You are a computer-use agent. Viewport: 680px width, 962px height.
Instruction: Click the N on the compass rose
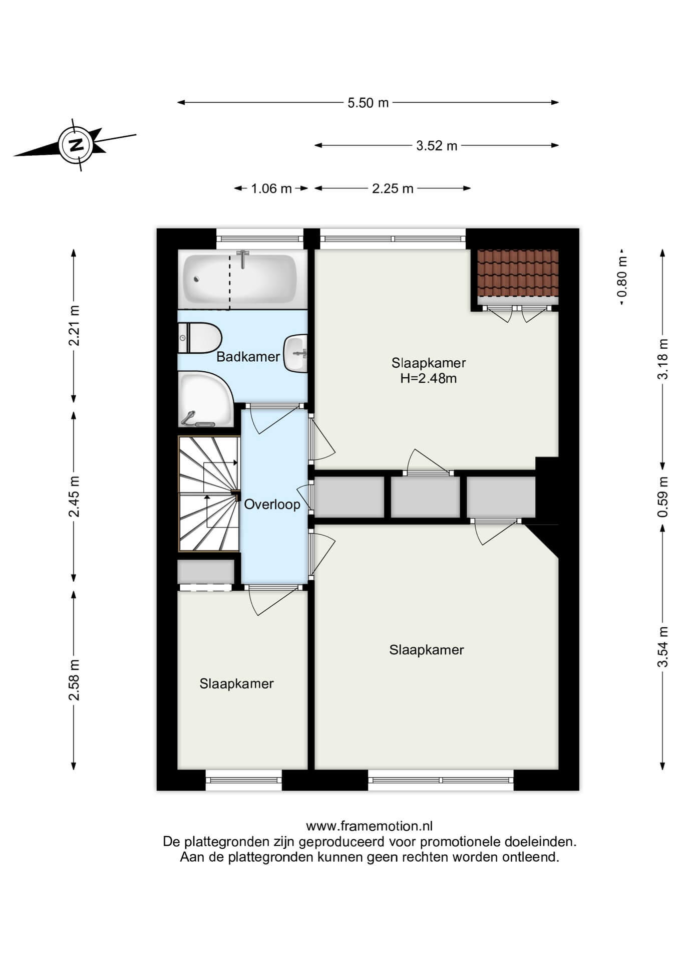pyautogui.click(x=76, y=145)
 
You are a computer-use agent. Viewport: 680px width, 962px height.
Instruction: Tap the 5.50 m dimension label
pyautogui.click(x=368, y=103)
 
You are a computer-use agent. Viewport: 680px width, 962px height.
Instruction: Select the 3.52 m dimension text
pyautogui.click(x=437, y=146)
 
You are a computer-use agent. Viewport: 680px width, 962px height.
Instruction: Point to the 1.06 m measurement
pyautogui.click(x=271, y=188)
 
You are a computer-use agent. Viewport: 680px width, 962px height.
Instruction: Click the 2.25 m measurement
pyautogui.click(x=393, y=188)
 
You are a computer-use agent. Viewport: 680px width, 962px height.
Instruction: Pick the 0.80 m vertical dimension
pyautogui.click(x=622, y=277)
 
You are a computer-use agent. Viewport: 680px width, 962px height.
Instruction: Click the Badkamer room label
pyautogui.click(x=248, y=357)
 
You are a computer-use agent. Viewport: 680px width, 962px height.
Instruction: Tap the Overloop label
pyautogui.click(x=272, y=505)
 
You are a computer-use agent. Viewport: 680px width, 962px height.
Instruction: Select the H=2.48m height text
pyautogui.click(x=429, y=378)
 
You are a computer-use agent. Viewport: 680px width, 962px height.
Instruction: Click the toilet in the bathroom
pyautogui.click(x=200, y=338)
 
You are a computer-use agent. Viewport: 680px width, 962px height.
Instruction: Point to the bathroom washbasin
pyautogui.click(x=295, y=353)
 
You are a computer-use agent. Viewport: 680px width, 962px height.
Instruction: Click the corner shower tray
pyautogui.click(x=206, y=399)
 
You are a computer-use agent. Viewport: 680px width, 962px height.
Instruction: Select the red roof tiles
pyautogui.click(x=517, y=273)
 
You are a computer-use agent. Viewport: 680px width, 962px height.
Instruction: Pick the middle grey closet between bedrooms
pyautogui.click(x=425, y=497)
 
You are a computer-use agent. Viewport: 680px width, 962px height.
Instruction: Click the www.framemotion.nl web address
pyautogui.click(x=369, y=826)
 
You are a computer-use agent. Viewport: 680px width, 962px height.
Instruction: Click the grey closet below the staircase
pyautogui.click(x=206, y=572)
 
